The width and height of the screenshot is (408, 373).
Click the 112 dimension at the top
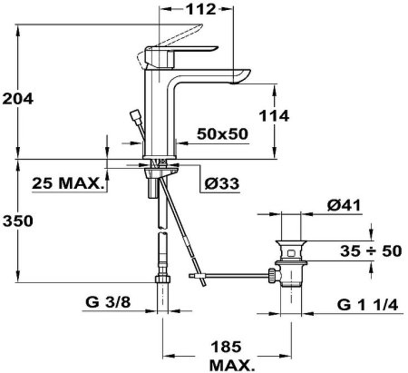click(200, 9)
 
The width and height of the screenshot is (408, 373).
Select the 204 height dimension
click(17, 99)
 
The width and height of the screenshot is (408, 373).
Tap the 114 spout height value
click(274, 116)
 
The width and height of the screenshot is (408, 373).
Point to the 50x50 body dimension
click(222, 133)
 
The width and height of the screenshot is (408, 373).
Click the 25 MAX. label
click(66, 183)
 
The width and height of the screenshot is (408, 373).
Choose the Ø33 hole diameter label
click(221, 183)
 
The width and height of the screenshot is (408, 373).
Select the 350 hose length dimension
click(18, 221)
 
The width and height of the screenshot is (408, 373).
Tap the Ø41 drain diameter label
click(344, 206)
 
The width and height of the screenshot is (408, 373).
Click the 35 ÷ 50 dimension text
click(371, 250)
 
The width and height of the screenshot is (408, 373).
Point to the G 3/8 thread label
click(108, 301)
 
